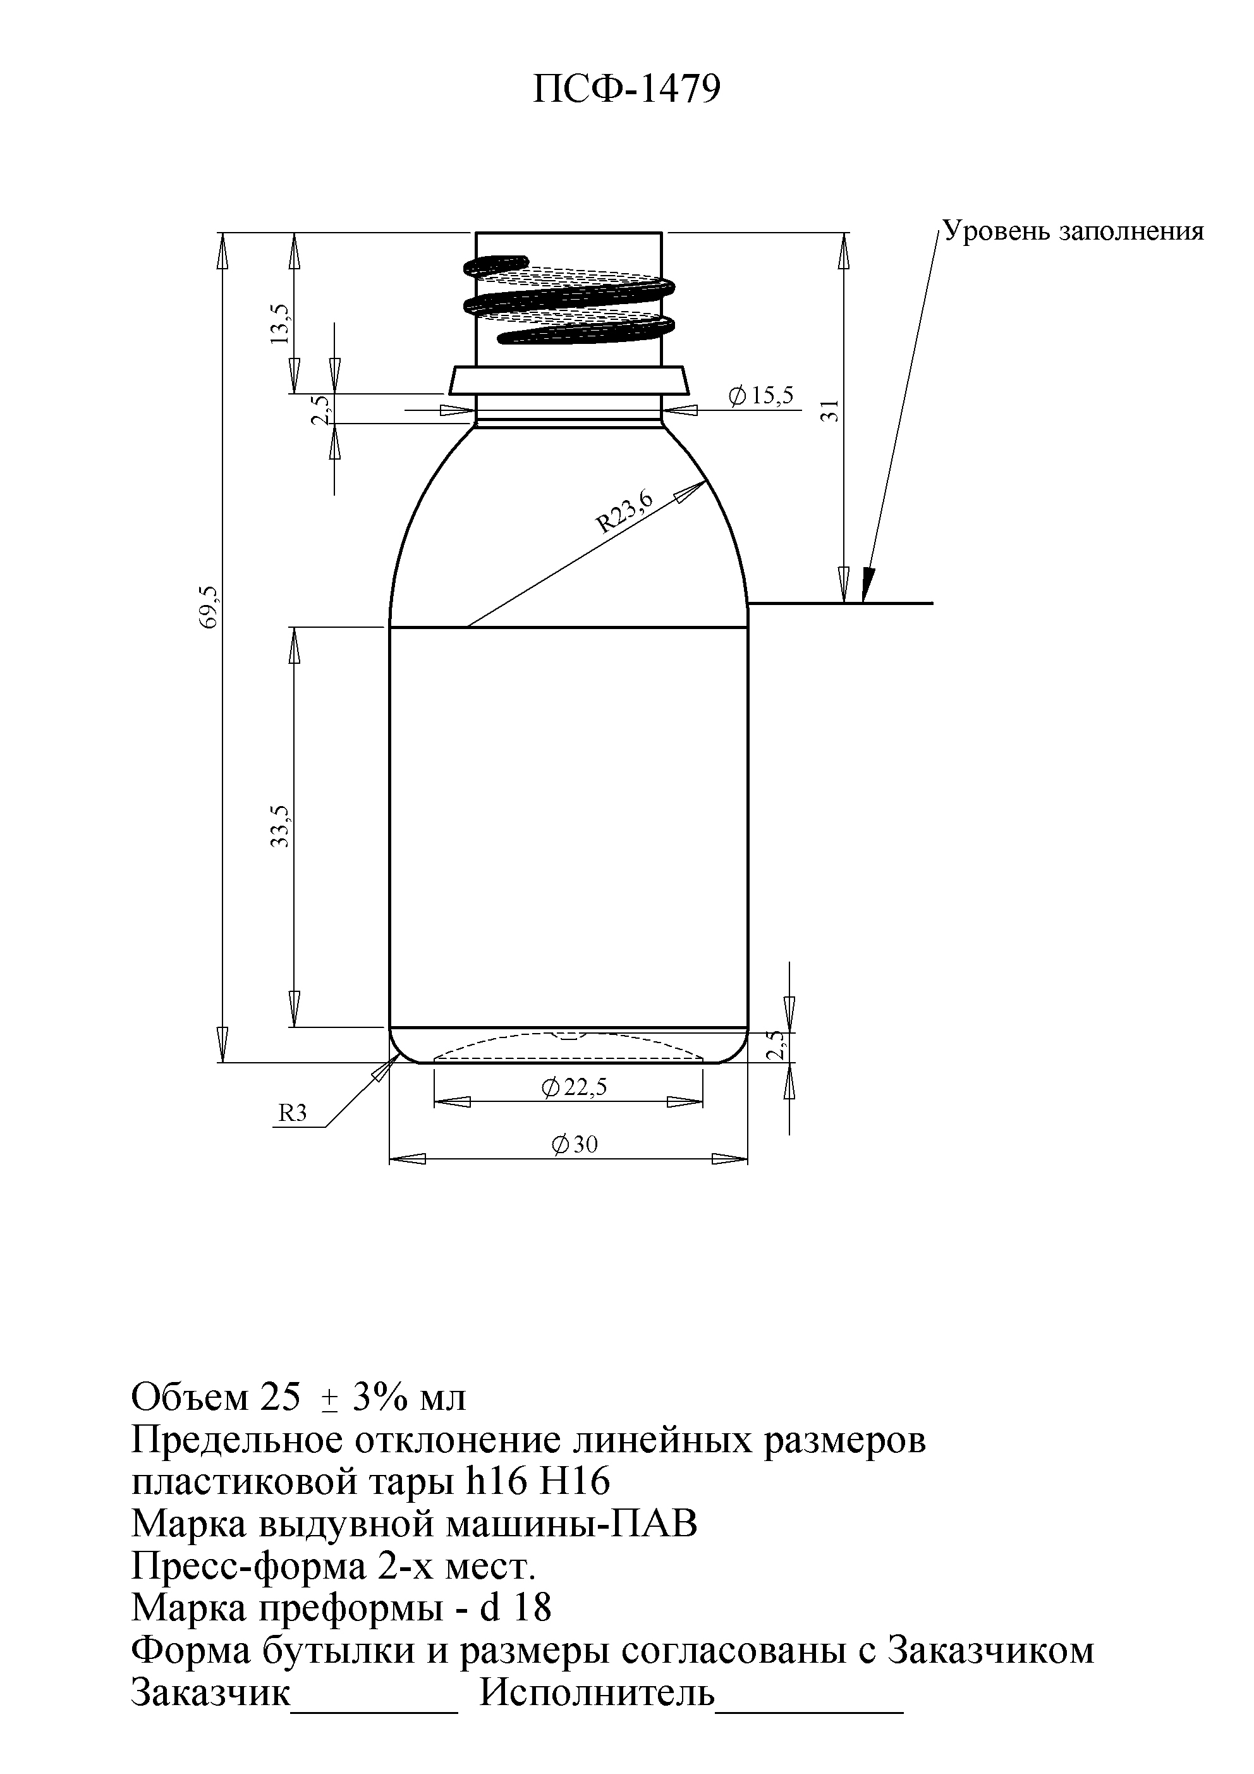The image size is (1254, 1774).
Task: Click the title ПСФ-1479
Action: click(x=626, y=90)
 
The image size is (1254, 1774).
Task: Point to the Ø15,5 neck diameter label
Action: click(x=761, y=396)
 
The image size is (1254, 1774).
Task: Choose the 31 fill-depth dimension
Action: click(x=830, y=411)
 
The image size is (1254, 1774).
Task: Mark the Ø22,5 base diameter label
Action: click(x=574, y=1087)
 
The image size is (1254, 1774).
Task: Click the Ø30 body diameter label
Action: click(x=574, y=1144)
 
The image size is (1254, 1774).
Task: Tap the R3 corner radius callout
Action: click(x=292, y=1113)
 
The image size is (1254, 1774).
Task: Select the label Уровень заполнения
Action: click(x=1073, y=231)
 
